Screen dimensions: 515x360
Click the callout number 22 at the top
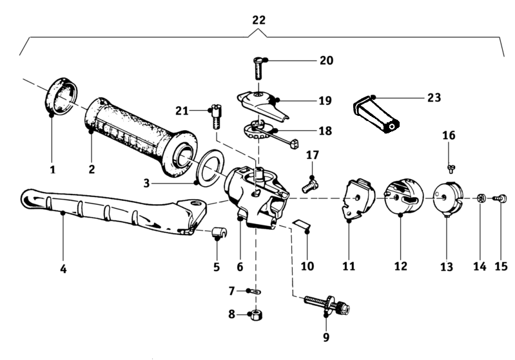coord(258,21)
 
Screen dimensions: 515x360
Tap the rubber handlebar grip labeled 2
coord(141,137)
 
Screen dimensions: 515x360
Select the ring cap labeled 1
coord(61,97)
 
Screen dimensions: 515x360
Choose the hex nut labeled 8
coord(256,316)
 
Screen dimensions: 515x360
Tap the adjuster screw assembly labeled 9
coord(327,304)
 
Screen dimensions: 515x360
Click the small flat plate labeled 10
coord(302,223)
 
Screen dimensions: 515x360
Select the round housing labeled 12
coord(404,196)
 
